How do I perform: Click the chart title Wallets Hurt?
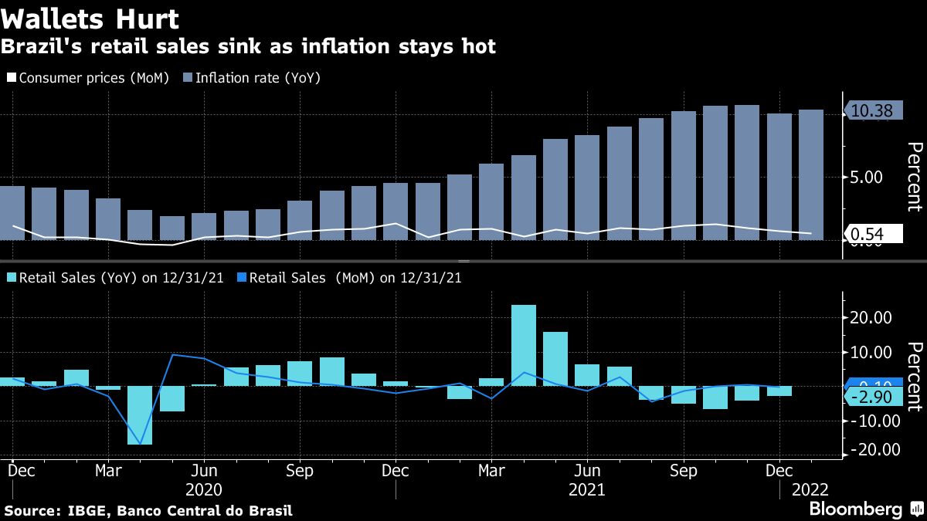pyautogui.click(x=90, y=19)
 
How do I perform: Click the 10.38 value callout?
pyautogui.click(x=871, y=112)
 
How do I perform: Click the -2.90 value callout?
pyautogui.click(x=873, y=397)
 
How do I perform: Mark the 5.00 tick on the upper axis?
pyautogui.click(x=865, y=177)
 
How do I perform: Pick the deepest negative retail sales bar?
pyautogui.click(x=140, y=415)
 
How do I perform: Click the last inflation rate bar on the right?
pyautogui.click(x=810, y=174)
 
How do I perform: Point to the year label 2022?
pyautogui.click(x=808, y=489)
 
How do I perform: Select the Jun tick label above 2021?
pyautogui.click(x=588, y=471)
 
